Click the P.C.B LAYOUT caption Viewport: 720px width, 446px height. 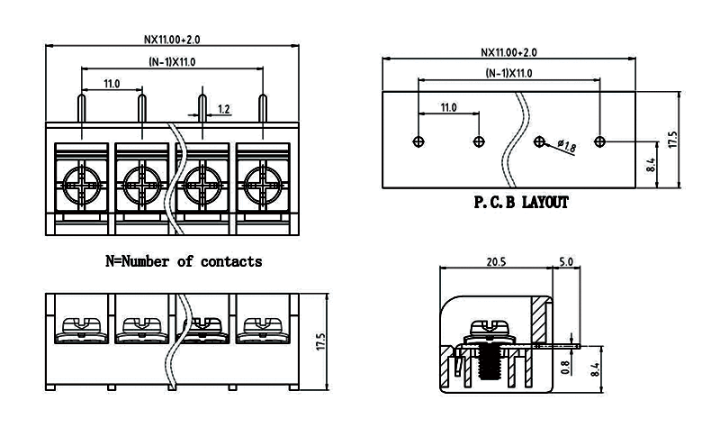(x=521, y=203)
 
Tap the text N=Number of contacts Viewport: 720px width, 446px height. (x=184, y=261)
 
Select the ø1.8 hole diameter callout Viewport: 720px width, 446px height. (x=567, y=145)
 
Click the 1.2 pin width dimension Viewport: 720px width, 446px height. (x=224, y=109)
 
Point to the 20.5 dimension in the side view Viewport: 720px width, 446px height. (x=496, y=262)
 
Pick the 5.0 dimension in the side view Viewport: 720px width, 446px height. (x=566, y=262)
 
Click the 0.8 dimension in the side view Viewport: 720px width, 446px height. (x=564, y=367)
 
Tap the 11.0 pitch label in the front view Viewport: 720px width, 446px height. (x=112, y=83)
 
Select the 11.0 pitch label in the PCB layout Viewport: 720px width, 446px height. (x=448, y=106)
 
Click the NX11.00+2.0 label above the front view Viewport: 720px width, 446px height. (x=174, y=40)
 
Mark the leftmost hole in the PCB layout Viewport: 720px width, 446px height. (x=417, y=141)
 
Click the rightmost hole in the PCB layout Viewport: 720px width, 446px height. (x=601, y=141)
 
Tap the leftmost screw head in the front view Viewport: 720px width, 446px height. (x=82, y=185)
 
